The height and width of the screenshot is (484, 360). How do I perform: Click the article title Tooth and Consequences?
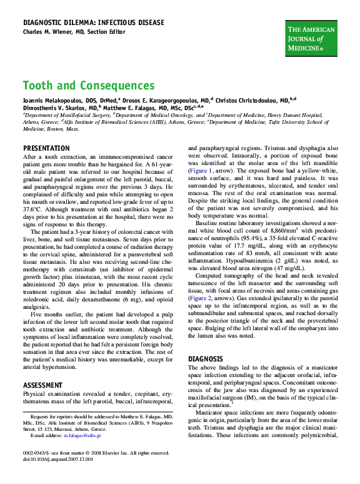click(89, 86)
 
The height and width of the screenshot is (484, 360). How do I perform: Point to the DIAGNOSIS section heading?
click(206, 359)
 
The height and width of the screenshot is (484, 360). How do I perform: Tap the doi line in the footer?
click(58, 459)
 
